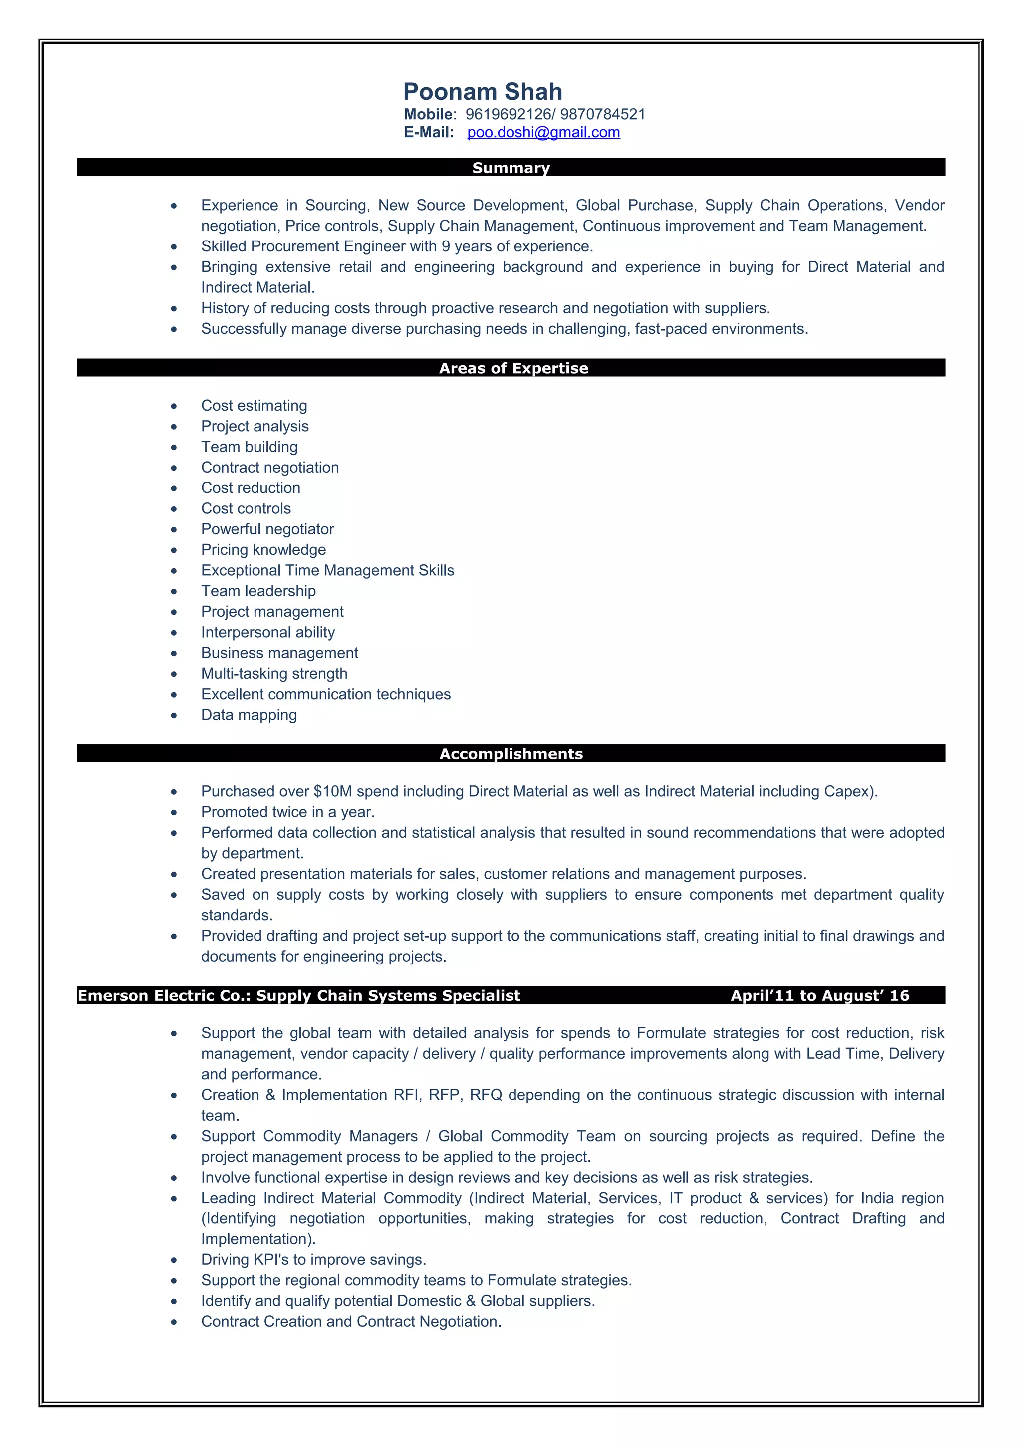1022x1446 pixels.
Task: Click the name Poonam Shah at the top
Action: click(x=483, y=92)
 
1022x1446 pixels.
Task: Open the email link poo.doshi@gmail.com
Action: click(x=543, y=132)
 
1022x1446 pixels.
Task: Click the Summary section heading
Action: click(x=511, y=168)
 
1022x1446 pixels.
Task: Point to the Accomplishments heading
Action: click(x=511, y=754)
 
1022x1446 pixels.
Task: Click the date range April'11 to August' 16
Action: click(x=819, y=996)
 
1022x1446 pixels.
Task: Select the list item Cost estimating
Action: click(x=254, y=406)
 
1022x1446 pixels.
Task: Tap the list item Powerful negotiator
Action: click(x=267, y=529)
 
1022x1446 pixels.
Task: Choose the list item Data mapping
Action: click(x=249, y=715)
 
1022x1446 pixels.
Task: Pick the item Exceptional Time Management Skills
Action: click(x=327, y=571)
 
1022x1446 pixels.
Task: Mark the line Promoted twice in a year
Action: click(x=288, y=812)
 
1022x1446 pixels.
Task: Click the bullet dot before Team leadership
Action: click(x=174, y=591)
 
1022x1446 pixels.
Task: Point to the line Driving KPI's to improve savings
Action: click(x=313, y=1259)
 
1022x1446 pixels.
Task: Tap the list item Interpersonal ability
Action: click(x=267, y=632)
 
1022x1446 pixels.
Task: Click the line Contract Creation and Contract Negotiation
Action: click(x=351, y=1321)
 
